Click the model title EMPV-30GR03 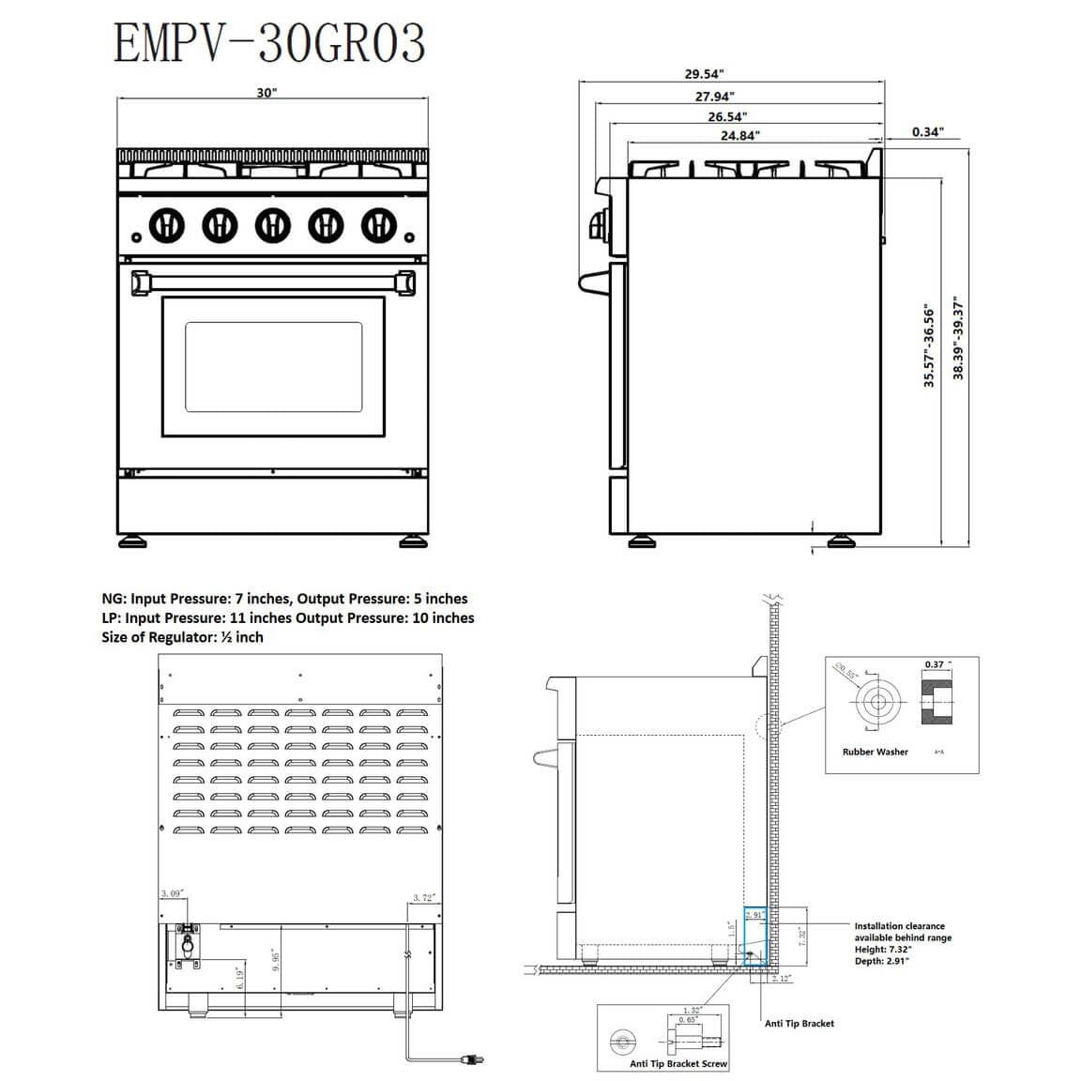269,43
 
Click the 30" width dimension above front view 267,93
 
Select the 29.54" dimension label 704,74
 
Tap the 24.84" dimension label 740,135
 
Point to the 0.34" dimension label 927,132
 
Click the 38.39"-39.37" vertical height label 958,339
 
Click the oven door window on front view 273,367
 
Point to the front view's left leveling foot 132,541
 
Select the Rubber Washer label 875,752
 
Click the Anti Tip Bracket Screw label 678,1063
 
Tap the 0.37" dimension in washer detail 934,664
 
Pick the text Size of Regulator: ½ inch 182,637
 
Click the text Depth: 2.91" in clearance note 881,961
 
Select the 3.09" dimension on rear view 172,893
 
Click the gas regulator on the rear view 186,941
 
